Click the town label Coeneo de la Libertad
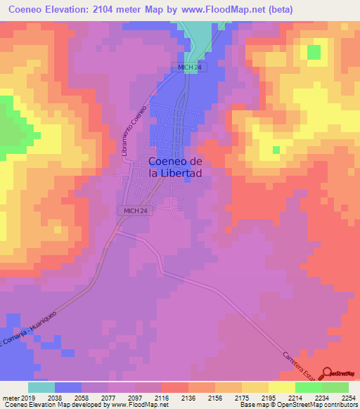pyautogui.click(x=176, y=166)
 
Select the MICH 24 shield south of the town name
pyautogui.click(x=135, y=211)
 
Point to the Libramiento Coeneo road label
pyautogui.click(x=136, y=131)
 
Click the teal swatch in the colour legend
pyautogui.click(x=41, y=387)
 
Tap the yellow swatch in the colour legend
pyautogui.click(x=281, y=387)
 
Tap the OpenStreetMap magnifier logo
pyautogui.click(x=328, y=372)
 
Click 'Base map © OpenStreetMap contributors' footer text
pyautogui.click(x=299, y=404)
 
